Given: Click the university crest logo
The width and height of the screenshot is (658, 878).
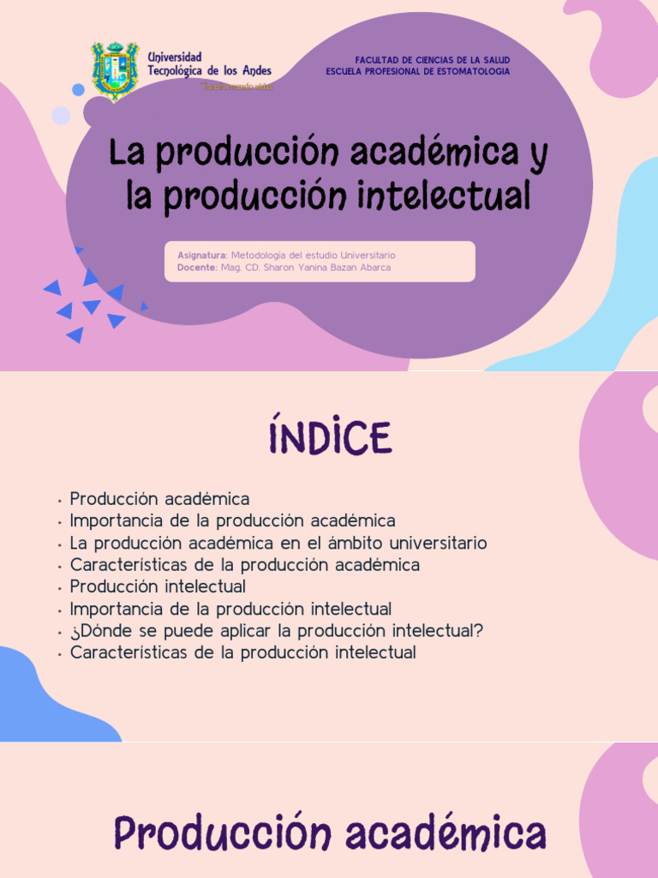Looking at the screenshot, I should coord(115,70).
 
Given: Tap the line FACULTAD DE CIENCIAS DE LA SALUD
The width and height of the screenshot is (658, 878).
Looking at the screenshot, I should coord(432,60).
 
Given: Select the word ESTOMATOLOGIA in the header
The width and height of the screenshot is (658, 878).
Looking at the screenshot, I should coord(474,71).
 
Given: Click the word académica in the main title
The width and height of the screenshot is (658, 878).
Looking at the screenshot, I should coord(418,153).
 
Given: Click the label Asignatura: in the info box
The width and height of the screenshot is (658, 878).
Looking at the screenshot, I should coord(202,256).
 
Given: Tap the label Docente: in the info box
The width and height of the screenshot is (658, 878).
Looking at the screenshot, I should coord(197,268).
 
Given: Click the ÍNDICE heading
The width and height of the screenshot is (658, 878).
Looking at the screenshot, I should coord(329,438).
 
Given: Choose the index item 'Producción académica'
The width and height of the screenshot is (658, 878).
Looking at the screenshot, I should coord(159,498).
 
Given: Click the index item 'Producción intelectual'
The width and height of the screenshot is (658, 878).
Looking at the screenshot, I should coord(158,586).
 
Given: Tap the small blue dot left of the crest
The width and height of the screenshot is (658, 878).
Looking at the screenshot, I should coord(78,89).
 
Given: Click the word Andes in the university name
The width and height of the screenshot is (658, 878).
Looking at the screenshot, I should coord(254,70).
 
